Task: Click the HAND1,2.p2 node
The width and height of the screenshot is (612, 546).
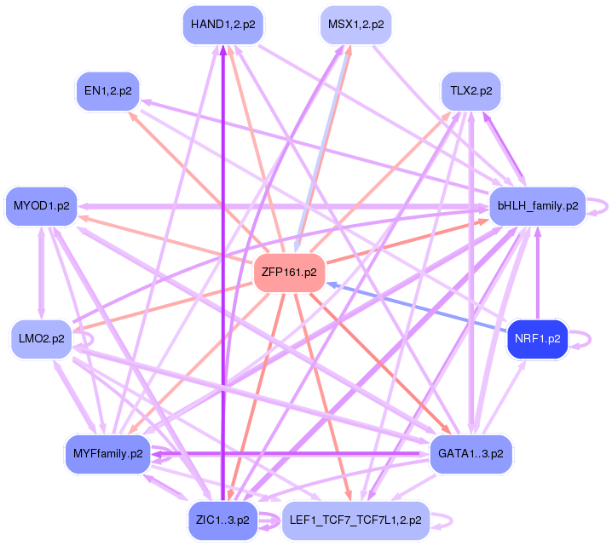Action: tap(223, 25)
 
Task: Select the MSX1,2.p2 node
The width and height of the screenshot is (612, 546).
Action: tap(355, 25)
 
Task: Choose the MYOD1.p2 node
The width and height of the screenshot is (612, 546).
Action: tap(42, 205)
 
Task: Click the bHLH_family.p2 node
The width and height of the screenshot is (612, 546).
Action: tap(536, 205)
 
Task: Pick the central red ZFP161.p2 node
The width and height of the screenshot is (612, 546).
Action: tap(290, 273)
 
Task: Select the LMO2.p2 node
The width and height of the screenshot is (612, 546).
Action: tap(41, 338)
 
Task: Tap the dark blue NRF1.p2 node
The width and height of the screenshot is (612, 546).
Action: tap(537, 338)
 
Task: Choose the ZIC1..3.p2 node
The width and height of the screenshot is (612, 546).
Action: tap(222, 519)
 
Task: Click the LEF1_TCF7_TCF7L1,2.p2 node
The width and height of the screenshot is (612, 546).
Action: tap(355, 519)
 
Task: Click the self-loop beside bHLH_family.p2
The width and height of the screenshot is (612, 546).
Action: tap(603, 205)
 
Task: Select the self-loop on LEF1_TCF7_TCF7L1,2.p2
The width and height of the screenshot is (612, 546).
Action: tap(446, 520)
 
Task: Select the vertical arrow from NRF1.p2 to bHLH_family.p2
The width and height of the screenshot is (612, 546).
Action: tap(537, 273)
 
